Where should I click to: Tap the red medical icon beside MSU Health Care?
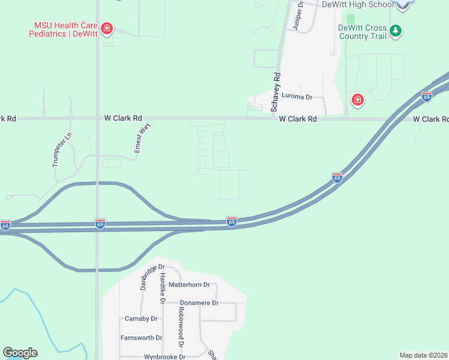click(x=107, y=29)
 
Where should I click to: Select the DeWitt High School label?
click(x=358, y=4)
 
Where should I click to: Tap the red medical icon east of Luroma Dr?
click(x=358, y=100)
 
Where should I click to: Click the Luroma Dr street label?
click(x=298, y=97)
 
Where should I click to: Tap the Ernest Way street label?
click(x=142, y=139)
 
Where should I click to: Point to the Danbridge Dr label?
click(x=152, y=277)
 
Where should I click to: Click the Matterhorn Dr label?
click(x=189, y=285)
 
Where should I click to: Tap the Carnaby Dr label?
click(x=141, y=319)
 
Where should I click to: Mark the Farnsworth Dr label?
click(x=142, y=338)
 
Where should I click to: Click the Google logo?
click(x=20, y=353)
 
